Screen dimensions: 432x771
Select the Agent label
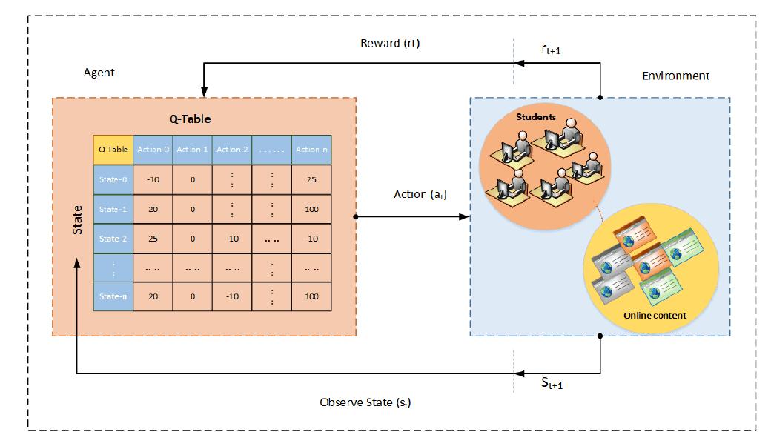pyautogui.click(x=99, y=73)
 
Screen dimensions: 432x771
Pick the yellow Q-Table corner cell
pyautogui.click(x=113, y=149)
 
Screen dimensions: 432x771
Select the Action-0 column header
pyautogui.click(x=153, y=149)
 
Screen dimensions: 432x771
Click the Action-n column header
pyautogui.click(x=311, y=149)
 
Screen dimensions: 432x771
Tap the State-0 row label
pyautogui.click(x=113, y=179)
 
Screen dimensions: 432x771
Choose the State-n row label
pyautogui.click(x=113, y=296)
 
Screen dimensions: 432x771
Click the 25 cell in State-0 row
pyautogui.click(x=311, y=179)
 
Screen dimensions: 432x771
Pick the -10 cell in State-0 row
pyautogui.click(x=153, y=179)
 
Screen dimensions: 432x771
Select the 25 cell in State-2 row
pyautogui.click(x=153, y=238)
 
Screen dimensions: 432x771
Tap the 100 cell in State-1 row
pyautogui.click(x=311, y=209)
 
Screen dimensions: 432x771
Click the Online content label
pyautogui.click(x=655, y=315)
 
